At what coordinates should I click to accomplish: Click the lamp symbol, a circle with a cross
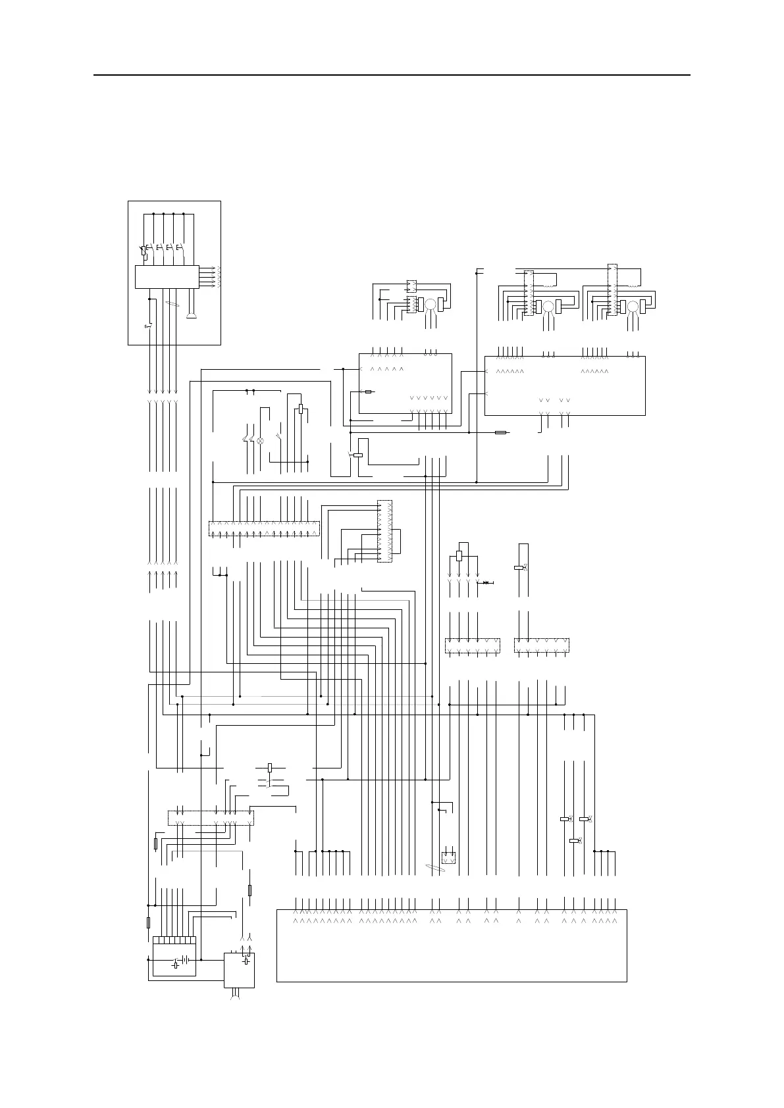point(259,441)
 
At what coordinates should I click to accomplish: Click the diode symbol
point(486,582)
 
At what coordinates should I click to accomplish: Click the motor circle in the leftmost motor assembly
point(430,304)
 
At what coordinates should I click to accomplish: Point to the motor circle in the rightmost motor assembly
point(633,306)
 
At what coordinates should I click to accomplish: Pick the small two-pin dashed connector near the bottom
point(449,857)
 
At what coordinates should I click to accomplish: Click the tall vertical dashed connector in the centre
point(384,531)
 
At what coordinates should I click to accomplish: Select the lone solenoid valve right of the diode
point(519,567)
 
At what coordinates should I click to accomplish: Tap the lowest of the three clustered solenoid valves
point(574,841)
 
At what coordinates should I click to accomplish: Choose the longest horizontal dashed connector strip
point(264,528)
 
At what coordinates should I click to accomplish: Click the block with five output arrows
point(167,276)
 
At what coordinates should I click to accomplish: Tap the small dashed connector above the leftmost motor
point(411,286)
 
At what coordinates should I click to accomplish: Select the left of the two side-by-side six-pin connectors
point(472,645)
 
